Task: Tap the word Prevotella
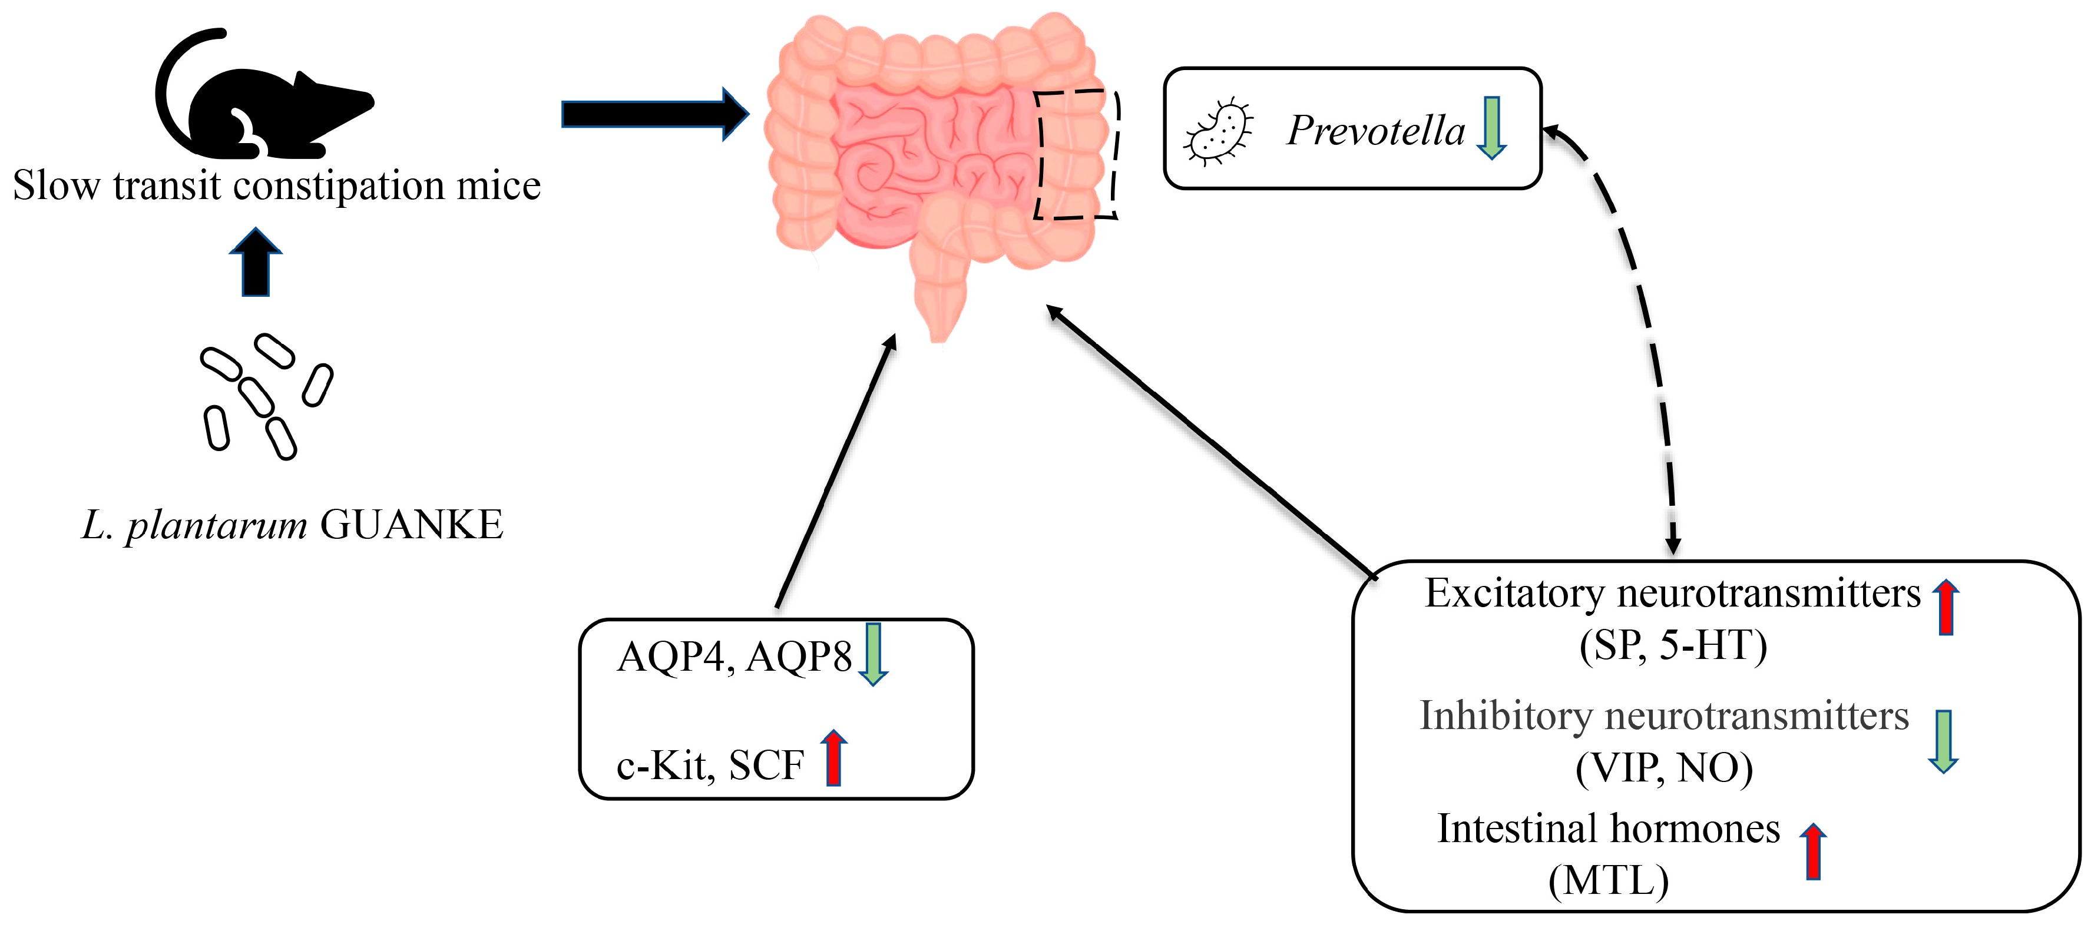click(1377, 131)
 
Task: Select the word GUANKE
click(412, 525)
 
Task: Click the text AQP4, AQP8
click(735, 657)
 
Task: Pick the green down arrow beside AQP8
click(874, 654)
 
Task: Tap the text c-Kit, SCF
click(710, 766)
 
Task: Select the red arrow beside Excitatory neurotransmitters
click(1946, 607)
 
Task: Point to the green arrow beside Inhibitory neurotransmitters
click(1943, 741)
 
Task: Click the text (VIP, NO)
click(1664, 768)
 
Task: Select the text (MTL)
click(1609, 882)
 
